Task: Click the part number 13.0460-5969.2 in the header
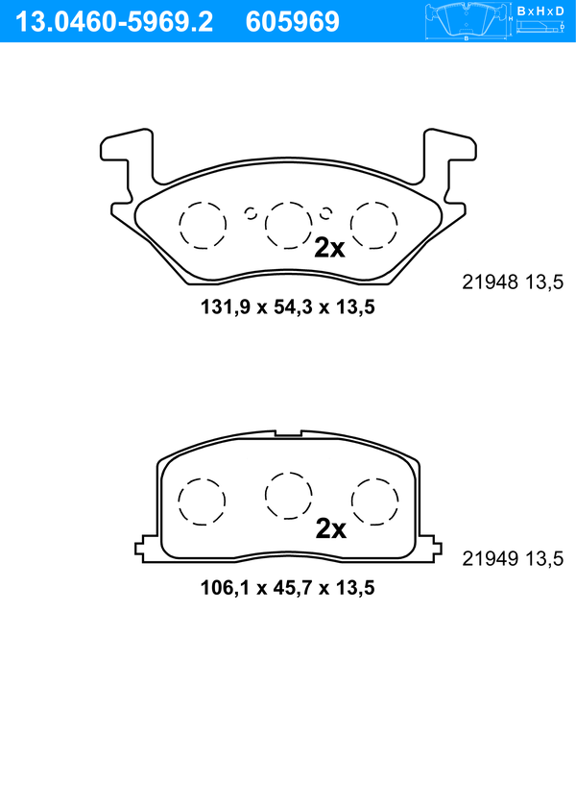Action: pyautogui.click(x=114, y=22)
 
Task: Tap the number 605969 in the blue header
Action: pyautogui.click(x=293, y=22)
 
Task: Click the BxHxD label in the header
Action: pyautogui.click(x=540, y=11)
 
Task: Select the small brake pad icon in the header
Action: pyautogui.click(x=466, y=21)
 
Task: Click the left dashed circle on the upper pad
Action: pyautogui.click(x=203, y=225)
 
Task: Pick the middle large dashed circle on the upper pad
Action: pyautogui.click(x=288, y=225)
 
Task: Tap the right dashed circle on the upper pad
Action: pyautogui.click(x=373, y=225)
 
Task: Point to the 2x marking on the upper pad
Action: pyautogui.click(x=329, y=249)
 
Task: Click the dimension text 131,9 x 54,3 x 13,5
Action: pyautogui.click(x=288, y=307)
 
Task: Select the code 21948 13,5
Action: pyautogui.click(x=513, y=282)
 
